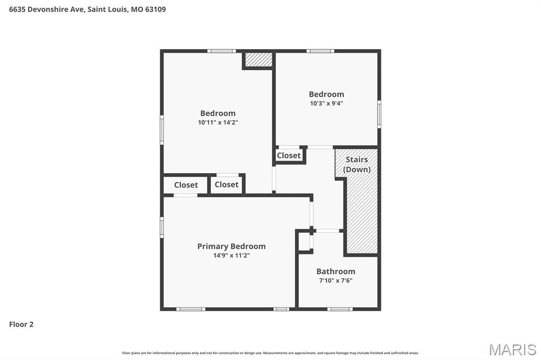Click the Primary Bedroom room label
pos(231,246)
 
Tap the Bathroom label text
pos(335,271)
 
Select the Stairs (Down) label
pos(357,164)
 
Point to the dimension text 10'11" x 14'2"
pos(218,122)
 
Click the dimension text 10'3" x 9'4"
pos(327,103)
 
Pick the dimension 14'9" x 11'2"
pos(231,255)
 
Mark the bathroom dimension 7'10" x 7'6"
pos(335,281)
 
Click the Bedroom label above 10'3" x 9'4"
pos(327,94)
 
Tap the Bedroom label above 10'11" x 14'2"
pos(218,113)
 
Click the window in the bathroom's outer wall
pos(339,309)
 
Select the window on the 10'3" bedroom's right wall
pos(379,114)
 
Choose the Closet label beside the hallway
pos(288,155)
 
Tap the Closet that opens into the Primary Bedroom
pos(186,185)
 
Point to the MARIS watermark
pos(512,349)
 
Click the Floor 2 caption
pos(21,324)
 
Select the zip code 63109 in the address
pos(155,9)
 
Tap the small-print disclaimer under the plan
pos(270,353)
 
